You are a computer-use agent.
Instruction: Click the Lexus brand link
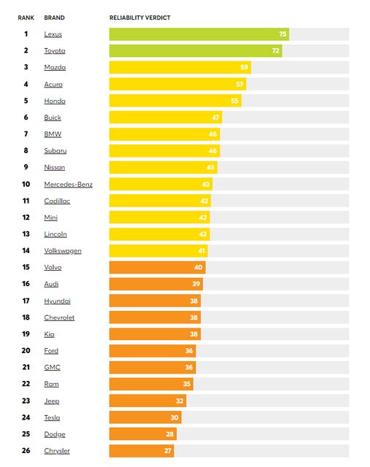[53, 34]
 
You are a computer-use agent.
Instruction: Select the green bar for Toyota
[196, 51]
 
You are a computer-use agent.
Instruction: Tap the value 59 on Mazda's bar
[244, 67]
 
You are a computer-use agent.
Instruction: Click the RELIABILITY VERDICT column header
[139, 18]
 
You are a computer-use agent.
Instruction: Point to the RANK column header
[26, 18]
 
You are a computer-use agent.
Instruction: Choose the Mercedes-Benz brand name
[68, 185]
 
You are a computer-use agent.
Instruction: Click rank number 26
[26, 451]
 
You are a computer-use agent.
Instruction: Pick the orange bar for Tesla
[145, 417]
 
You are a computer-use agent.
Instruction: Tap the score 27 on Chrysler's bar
[168, 451]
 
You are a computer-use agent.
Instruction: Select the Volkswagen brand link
[63, 251]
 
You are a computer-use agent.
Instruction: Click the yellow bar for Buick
[166, 117]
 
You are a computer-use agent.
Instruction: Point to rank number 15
[26, 267]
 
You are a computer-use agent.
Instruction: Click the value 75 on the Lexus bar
[282, 34]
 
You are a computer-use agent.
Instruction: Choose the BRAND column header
[54, 18]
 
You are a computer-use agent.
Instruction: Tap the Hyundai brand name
[57, 301]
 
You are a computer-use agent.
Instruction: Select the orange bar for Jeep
[147, 401]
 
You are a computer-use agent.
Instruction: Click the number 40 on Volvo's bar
[198, 268]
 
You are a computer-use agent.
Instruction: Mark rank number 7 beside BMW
[26, 134]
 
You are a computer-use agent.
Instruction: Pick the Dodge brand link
[55, 434]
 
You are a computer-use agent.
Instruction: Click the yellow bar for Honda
[175, 101]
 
